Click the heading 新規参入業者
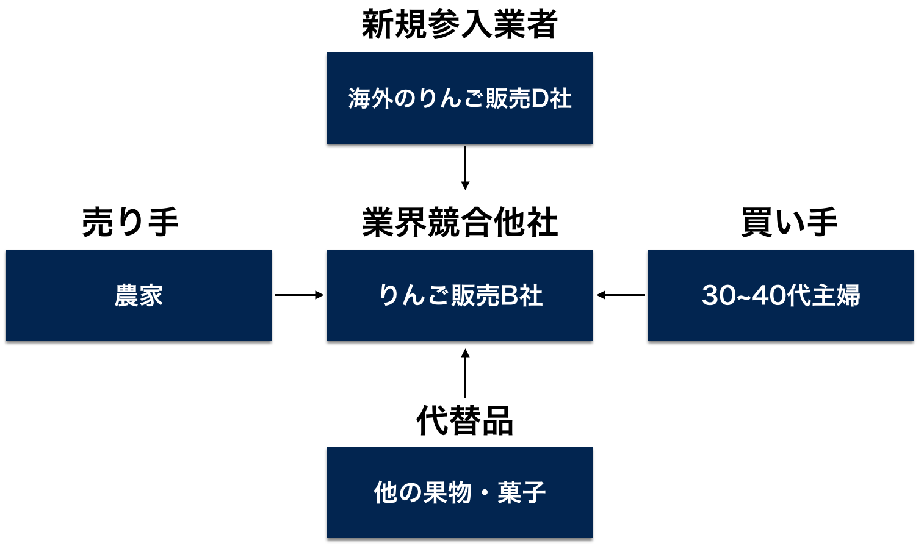point(460,24)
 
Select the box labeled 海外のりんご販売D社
point(460,122)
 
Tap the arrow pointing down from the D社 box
point(465,168)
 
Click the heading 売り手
point(130,222)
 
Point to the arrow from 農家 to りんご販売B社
point(299,295)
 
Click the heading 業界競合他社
point(460,222)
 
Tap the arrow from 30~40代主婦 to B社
point(621,295)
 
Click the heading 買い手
point(789,222)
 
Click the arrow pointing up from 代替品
point(465,373)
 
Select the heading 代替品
point(464,420)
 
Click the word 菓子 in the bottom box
point(522,492)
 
